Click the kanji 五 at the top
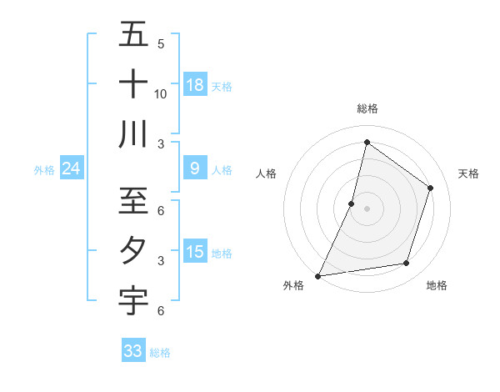click(x=133, y=36)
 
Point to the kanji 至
click(x=133, y=200)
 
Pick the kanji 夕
click(x=133, y=250)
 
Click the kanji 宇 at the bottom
click(x=133, y=301)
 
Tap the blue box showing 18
click(x=195, y=85)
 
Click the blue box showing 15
click(x=195, y=252)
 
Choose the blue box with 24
click(x=71, y=169)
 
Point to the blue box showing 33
click(x=133, y=351)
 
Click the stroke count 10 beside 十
click(x=161, y=94)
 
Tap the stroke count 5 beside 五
click(x=161, y=43)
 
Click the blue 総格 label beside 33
click(x=160, y=353)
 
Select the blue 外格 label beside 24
click(x=44, y=170)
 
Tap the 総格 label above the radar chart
click(x=367, y=108)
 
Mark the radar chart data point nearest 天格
click(x=430, y=188)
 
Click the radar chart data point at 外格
click(x=317, y=275)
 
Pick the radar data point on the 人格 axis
click(x=352, y=204)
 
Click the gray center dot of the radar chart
click(x=367, y=209)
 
